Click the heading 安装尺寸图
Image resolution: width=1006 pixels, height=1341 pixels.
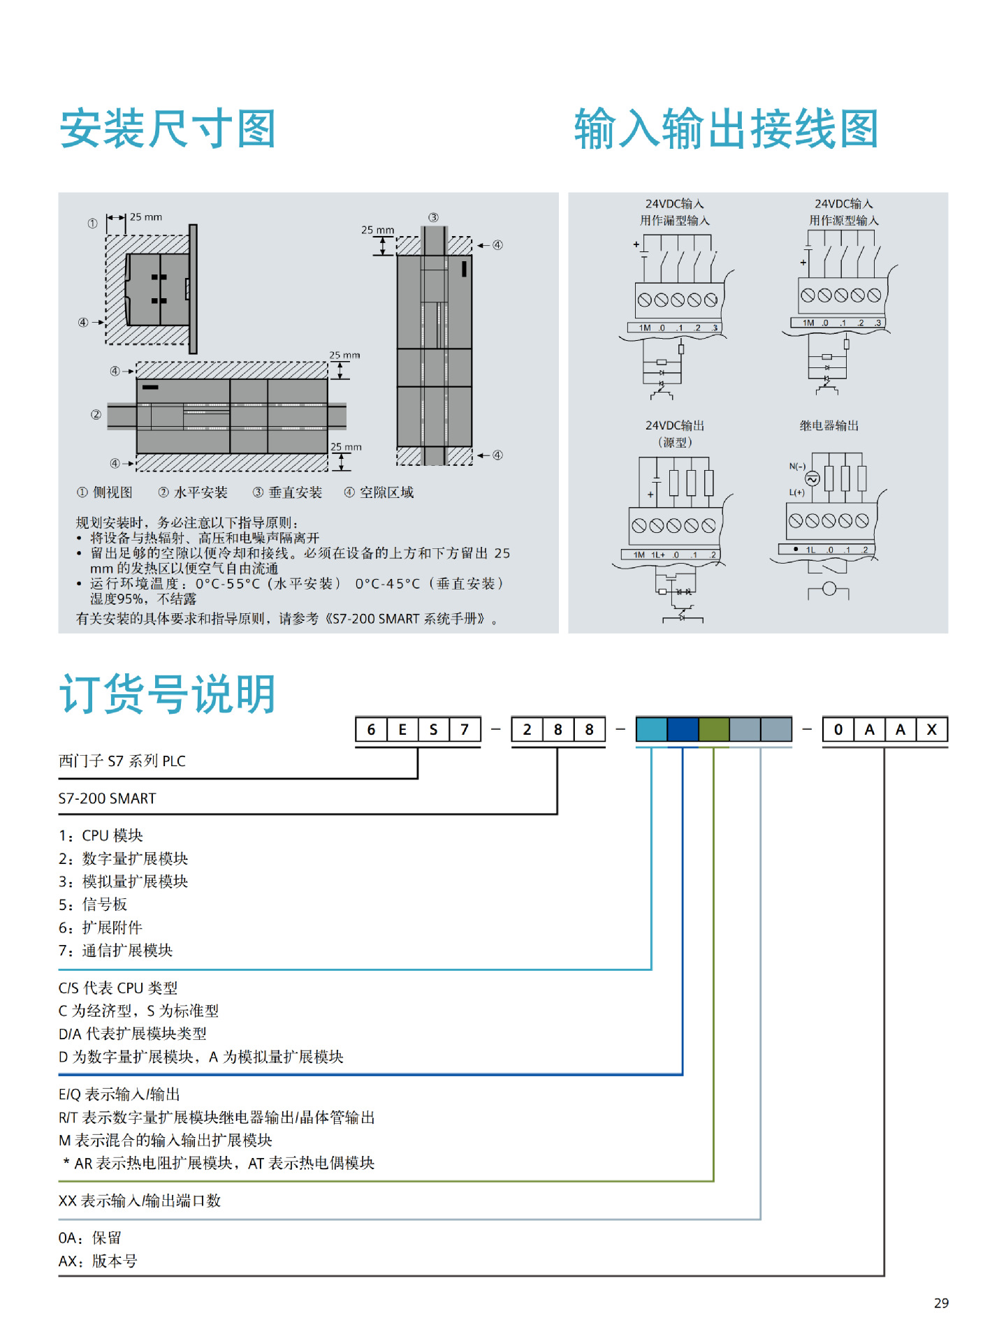point(168,129)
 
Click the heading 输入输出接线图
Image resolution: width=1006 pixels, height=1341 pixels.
point(726,129)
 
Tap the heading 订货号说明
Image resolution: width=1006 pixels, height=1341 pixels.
point(168,694)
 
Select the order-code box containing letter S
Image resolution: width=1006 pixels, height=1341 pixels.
point(434,730)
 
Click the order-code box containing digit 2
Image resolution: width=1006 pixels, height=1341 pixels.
point(527,730)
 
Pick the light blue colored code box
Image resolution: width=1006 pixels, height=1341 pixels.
point(651,730)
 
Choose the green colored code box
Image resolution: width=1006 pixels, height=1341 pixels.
point(714,730)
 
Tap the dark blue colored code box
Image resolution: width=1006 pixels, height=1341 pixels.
point(683,730)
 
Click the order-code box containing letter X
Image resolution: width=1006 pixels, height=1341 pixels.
point(931,730)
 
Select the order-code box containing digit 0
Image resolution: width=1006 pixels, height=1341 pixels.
point(838,730)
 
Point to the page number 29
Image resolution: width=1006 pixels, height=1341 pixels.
point(941,1303)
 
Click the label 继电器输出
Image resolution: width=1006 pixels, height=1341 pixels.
point(829,426)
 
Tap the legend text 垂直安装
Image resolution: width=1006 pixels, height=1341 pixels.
point(296,493)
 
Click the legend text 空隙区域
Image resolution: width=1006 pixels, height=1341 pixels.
point(387,493)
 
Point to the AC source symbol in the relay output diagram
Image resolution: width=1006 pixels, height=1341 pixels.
point(812,479)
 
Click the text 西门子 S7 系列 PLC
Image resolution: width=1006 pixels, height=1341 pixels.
point(122,761)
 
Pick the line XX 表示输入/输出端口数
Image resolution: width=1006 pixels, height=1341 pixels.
point(140,1201)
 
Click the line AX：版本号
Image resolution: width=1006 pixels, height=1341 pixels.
point(98,1261)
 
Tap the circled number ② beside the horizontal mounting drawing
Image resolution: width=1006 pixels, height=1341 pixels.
point(96,415)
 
